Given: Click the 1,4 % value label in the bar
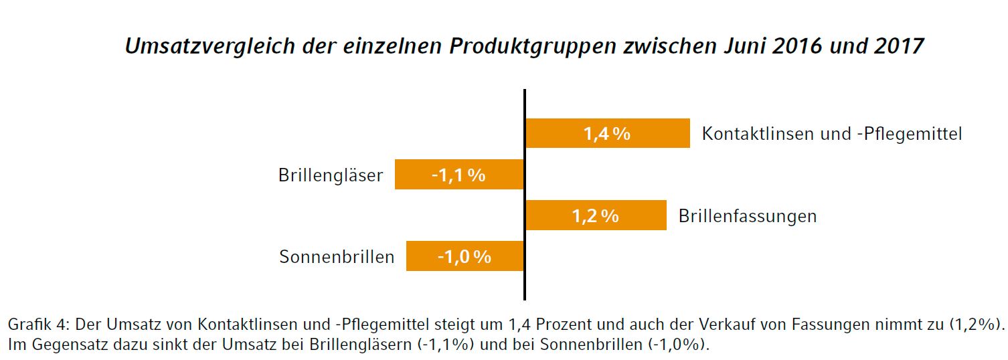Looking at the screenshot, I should pos(607,134).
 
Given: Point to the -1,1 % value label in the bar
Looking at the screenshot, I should pos(458,175).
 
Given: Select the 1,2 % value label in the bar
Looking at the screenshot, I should pos(595,216).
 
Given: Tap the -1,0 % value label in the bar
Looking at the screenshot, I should pos(465,257).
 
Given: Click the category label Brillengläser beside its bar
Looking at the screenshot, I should pos(331,175).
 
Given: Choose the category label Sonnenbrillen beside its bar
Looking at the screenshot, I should pos(337,257).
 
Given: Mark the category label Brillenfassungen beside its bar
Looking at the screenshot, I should pos(747,216).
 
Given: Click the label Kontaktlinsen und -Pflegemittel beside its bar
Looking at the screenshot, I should pos(831,134).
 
